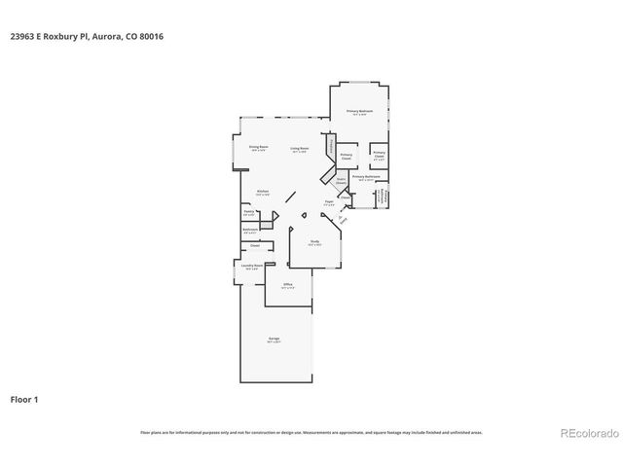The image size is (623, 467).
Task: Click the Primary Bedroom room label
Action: point(360,113)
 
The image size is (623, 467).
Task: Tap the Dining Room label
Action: point(259,149)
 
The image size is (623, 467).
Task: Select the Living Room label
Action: point(300,150)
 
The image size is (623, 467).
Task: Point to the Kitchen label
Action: point(262,192)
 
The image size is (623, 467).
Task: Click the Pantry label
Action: point(248,213)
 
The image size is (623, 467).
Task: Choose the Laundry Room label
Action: point(251,265)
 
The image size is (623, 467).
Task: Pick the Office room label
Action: point(287,286)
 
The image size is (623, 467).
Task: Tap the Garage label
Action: point(275,340)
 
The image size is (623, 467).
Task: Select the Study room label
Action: point(314,242)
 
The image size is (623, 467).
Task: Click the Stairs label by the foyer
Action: point(342,180)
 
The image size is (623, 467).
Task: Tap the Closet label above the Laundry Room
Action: point(254,246)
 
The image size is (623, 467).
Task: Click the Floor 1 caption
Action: point(24,399)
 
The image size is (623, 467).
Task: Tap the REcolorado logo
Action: point(584,432)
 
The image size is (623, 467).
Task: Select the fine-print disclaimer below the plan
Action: point(311,432)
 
